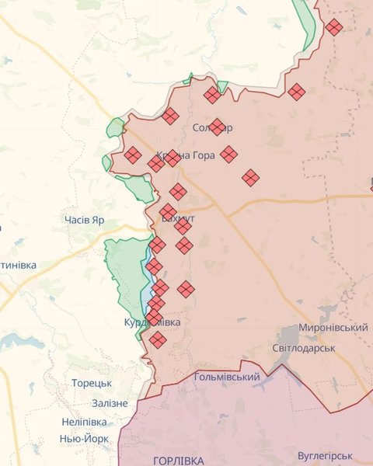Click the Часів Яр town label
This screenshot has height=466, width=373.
(85, 220)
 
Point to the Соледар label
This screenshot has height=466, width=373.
(211, 127)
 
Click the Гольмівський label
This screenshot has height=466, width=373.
(226, 377)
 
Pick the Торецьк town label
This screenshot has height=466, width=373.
(92, 384)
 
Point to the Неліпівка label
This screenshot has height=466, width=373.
(84, 422)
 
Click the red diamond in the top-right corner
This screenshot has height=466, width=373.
(334, 27)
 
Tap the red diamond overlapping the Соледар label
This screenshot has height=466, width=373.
(218, 127)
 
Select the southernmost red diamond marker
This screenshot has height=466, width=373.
(158, 340)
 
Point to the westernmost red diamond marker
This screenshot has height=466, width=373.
(133, 155)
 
